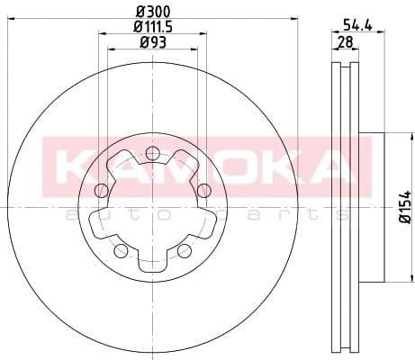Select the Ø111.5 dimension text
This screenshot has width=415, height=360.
153,27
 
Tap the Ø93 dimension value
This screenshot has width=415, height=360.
153,43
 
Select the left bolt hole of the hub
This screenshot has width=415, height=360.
101,190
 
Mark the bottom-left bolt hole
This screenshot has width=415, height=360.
122,250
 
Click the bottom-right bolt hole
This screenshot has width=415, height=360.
184,249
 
